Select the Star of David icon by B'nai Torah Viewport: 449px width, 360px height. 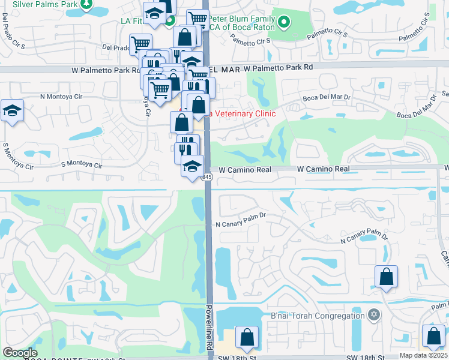(x=374, y=314)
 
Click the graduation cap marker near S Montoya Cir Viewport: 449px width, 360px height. (x=12, y=111)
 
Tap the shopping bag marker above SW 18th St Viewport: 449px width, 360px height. (x=247, y=338)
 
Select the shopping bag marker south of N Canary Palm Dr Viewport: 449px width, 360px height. (x=386, y=277)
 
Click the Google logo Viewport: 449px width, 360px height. (x=20, y=353)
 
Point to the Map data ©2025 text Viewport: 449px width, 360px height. (x=423, y=355)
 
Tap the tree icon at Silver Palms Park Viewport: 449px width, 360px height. (x=86, y=4)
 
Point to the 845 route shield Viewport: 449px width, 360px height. (x=207, y=177)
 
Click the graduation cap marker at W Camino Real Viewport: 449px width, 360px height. (x=192, y=166)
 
